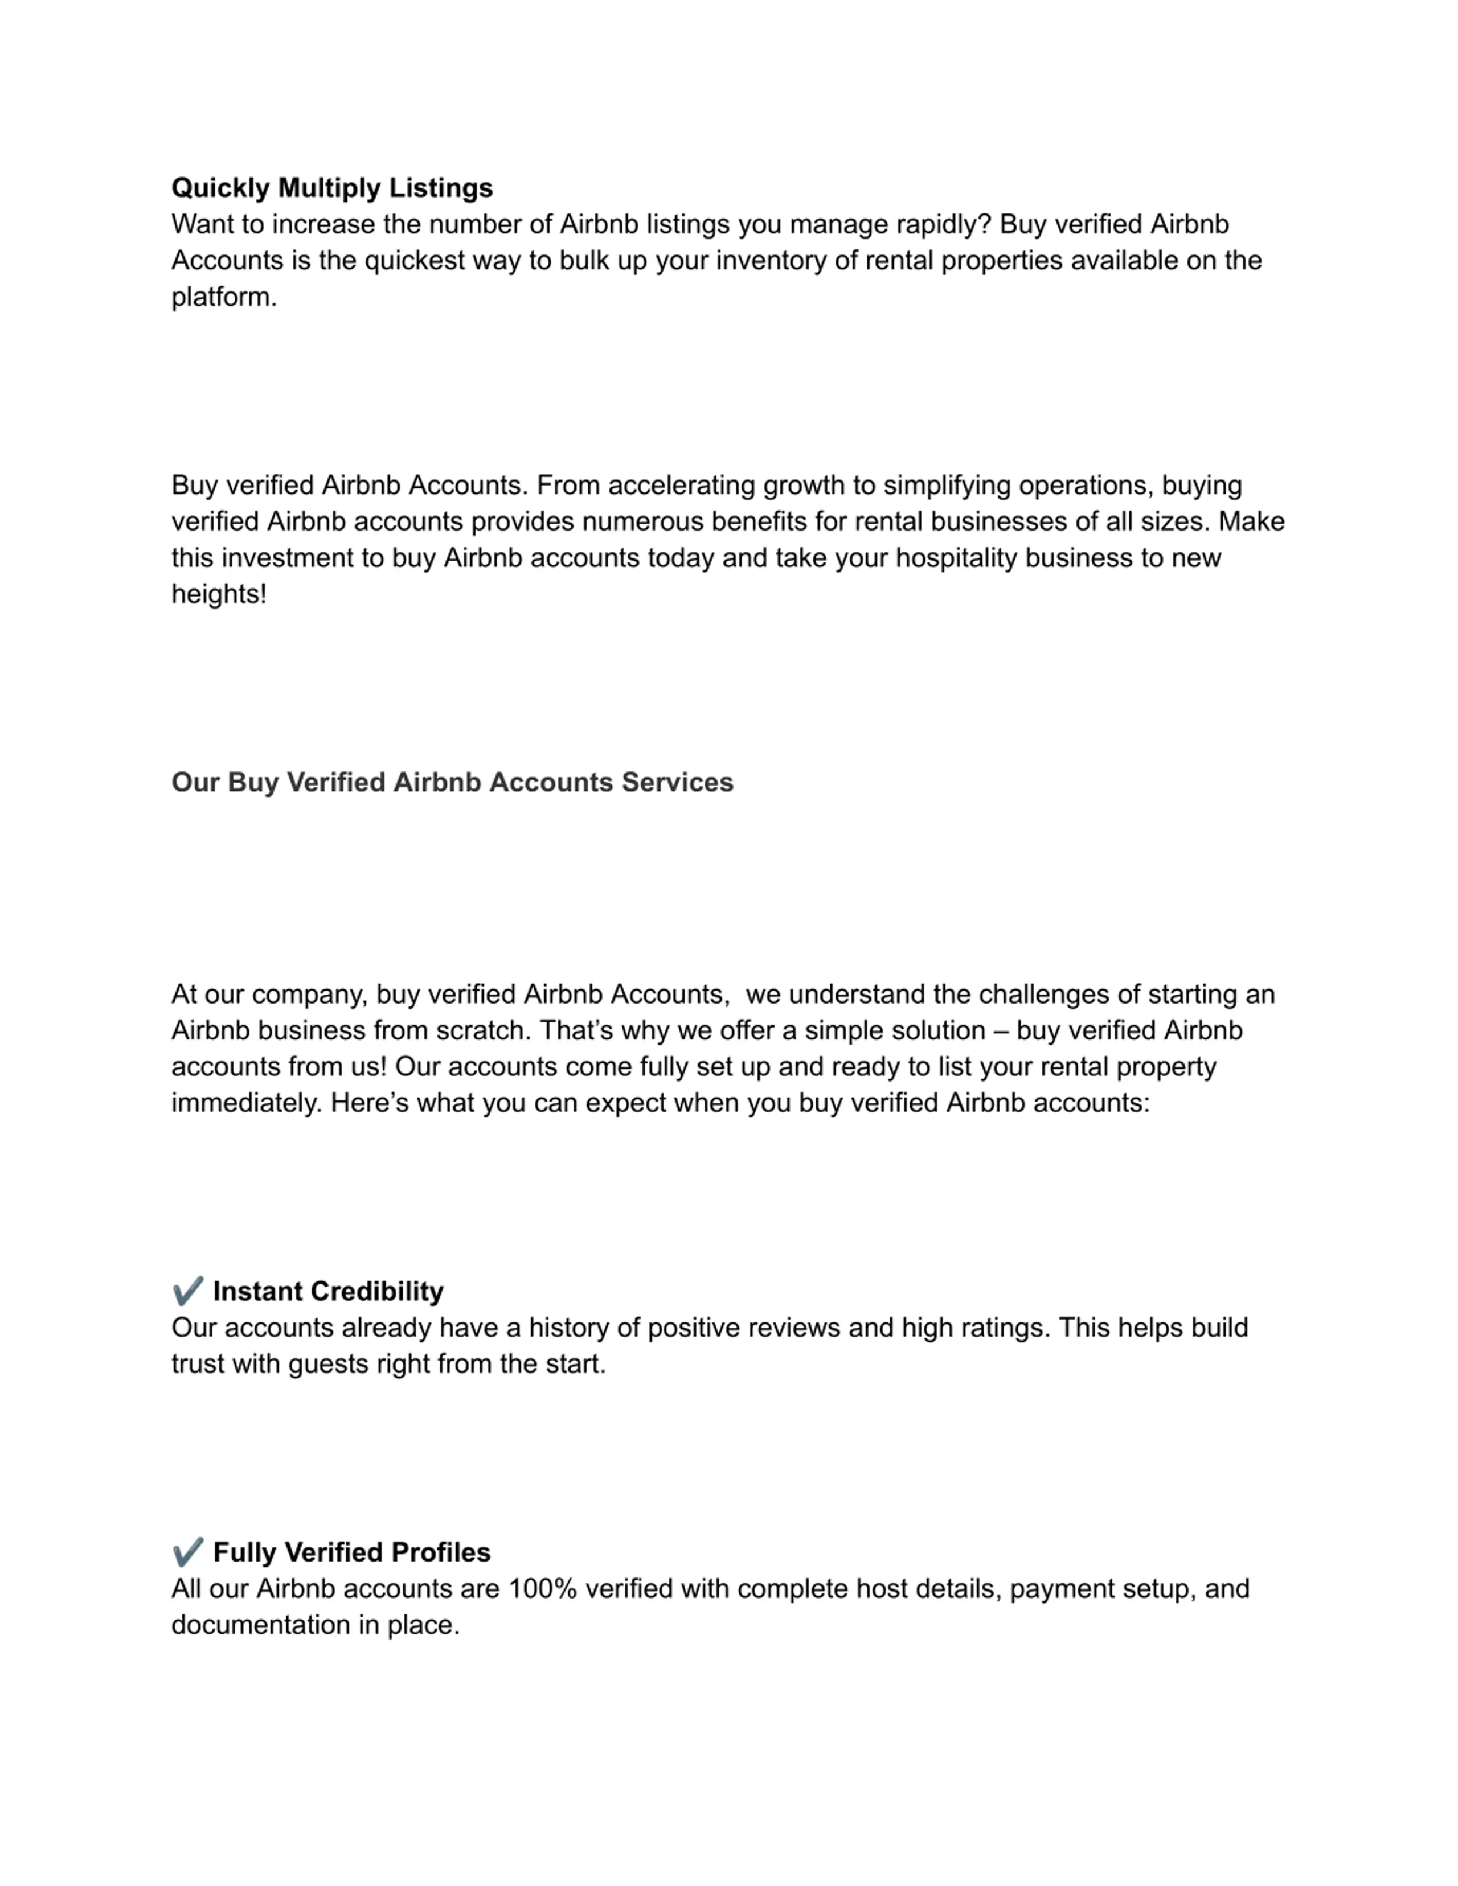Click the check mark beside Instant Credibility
(187, 1291)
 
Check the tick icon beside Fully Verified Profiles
(187, 1552)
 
